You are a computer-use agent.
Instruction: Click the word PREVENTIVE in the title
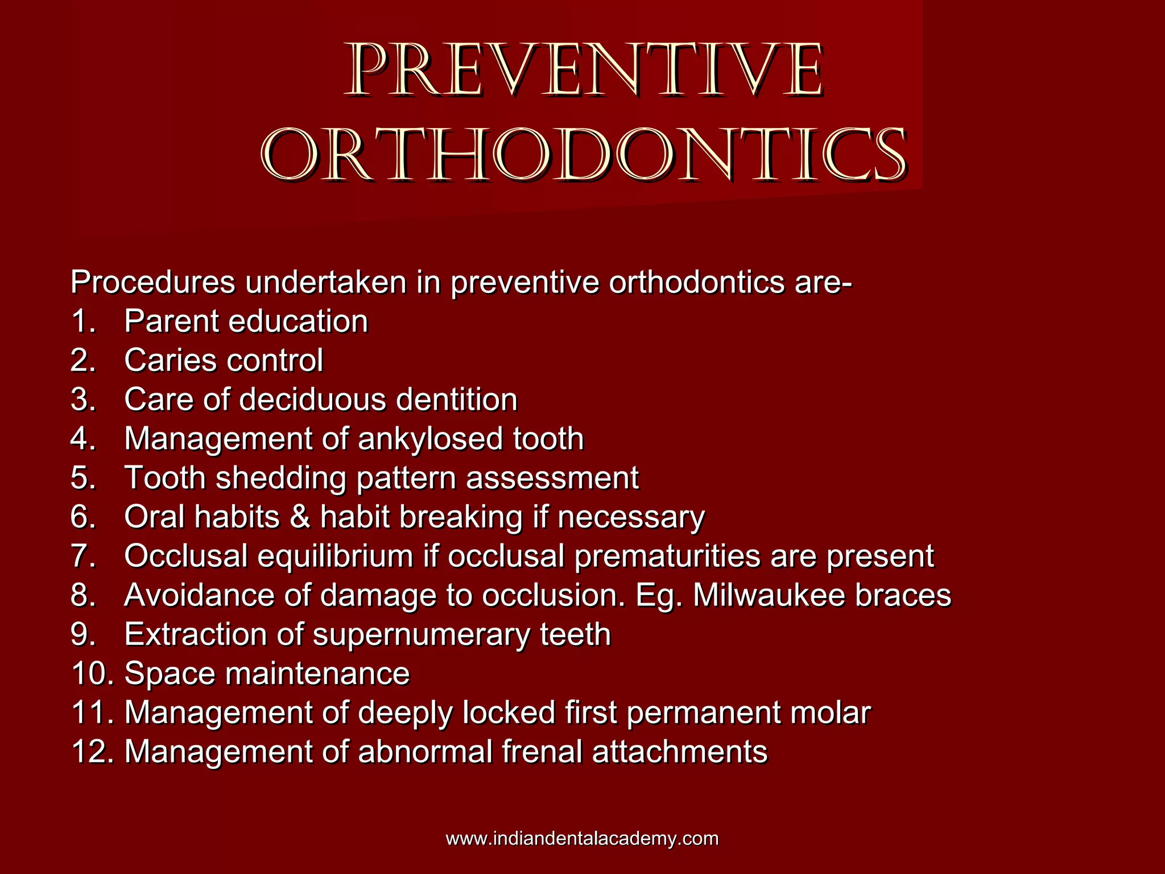point(584,71)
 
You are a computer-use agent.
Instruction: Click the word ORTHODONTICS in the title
point(584,155)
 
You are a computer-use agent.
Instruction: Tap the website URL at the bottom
point(582,838)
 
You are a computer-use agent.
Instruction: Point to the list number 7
point(83,556)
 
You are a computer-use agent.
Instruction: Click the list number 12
point(91,751)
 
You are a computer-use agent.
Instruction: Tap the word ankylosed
point(431,439)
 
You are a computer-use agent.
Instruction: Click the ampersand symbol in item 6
point(300,517)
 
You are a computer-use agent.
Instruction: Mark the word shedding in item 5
point(281,478)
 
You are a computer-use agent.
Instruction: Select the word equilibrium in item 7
point(335,556)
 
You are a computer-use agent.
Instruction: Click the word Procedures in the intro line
point(152,282)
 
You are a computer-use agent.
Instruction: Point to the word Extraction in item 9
point(196,634)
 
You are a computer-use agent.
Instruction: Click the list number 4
point(83,439)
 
